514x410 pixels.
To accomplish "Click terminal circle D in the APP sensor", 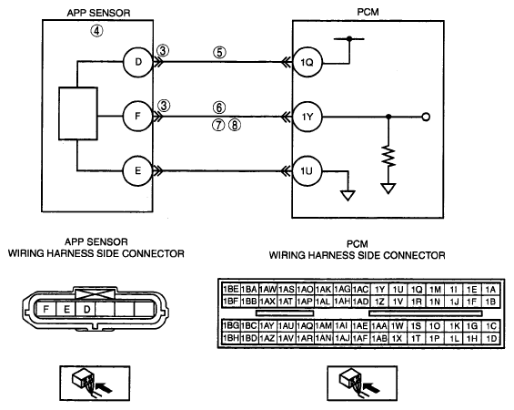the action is click(138, 62).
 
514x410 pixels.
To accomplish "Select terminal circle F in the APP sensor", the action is click(138, 117).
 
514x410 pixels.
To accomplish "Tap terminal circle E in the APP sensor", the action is click(138, 171).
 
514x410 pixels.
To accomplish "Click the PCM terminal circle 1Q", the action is click(307, 62).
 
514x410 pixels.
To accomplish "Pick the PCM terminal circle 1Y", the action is click(307, 117).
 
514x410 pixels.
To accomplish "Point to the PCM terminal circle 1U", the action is click(307, 171).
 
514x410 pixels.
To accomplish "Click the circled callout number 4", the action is click(96, 31).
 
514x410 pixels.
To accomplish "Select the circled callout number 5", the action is click(219, 53).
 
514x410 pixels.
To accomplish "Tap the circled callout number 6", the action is click(219, 108).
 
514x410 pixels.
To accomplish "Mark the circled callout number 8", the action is click(235, 125).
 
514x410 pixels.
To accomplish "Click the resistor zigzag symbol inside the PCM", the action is click(388, 156).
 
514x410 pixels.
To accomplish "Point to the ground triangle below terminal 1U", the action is click(348, 196).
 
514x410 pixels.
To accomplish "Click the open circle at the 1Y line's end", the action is click(426, 117).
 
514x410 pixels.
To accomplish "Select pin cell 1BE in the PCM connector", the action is click(231, 289).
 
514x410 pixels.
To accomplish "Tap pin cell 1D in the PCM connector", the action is click(490, 338).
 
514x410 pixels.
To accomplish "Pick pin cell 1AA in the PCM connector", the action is click(379, 326).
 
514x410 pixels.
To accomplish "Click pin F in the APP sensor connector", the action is click(46, 309).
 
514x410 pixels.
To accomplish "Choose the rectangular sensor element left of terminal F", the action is click(78, 114).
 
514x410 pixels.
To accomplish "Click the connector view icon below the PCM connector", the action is click(362, 384).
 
